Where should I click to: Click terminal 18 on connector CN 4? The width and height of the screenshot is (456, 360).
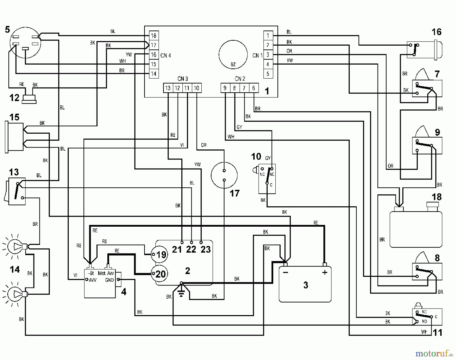click(x=154, y=36)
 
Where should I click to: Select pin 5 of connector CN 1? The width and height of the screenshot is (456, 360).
click(x=268, y=74)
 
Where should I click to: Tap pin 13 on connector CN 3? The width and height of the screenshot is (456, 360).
click(x=168, y=88)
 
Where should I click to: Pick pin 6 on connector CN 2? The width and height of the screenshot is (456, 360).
click(x=254, y=88)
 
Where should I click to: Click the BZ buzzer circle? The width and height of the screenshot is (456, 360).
click(x=233, y=55)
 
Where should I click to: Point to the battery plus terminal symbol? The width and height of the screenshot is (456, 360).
click(x=325, y=273)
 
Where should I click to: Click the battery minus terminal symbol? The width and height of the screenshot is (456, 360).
click(x=286, y=273)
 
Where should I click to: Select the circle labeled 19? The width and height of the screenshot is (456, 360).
click(x=159, y=255)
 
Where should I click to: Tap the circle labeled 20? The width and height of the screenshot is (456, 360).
click(x=159, y=274)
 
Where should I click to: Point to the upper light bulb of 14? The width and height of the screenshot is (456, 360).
click(x=15, y=246)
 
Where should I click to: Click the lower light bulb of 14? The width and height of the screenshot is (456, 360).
click(x=15, y=294)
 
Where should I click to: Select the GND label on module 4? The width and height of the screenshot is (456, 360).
click(x=109, y=280)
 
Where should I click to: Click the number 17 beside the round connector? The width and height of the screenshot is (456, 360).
click(x=234, y=193)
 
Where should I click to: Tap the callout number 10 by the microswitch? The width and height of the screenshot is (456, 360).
click(x=256, y=156)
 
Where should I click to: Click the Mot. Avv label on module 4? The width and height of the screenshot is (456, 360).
click(x=106, y=273)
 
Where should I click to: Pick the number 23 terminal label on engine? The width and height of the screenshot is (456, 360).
click(x=205, y=249)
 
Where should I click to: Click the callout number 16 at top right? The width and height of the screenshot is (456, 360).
click(x=436, y=32)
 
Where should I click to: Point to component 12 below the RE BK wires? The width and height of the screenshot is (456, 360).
click(x=29, y=99)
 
